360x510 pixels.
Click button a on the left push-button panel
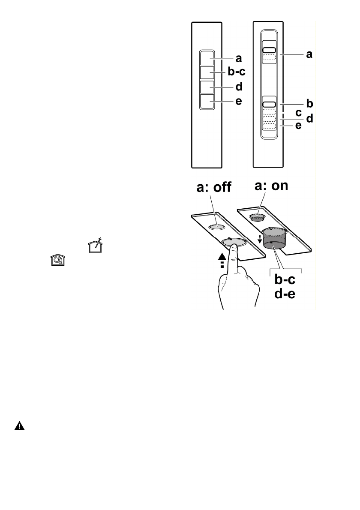click(206, 57)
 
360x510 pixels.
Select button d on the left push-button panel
click(206, 87)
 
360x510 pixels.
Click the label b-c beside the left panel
click(233, 73)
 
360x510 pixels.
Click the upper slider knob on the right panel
click(269, 50)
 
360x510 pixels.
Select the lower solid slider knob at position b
click(269, 104)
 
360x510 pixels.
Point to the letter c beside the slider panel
click(298, 113)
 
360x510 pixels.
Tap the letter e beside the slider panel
click(298, 126)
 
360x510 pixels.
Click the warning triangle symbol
click(20, 426)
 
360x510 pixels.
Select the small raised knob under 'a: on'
click(257, 217)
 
